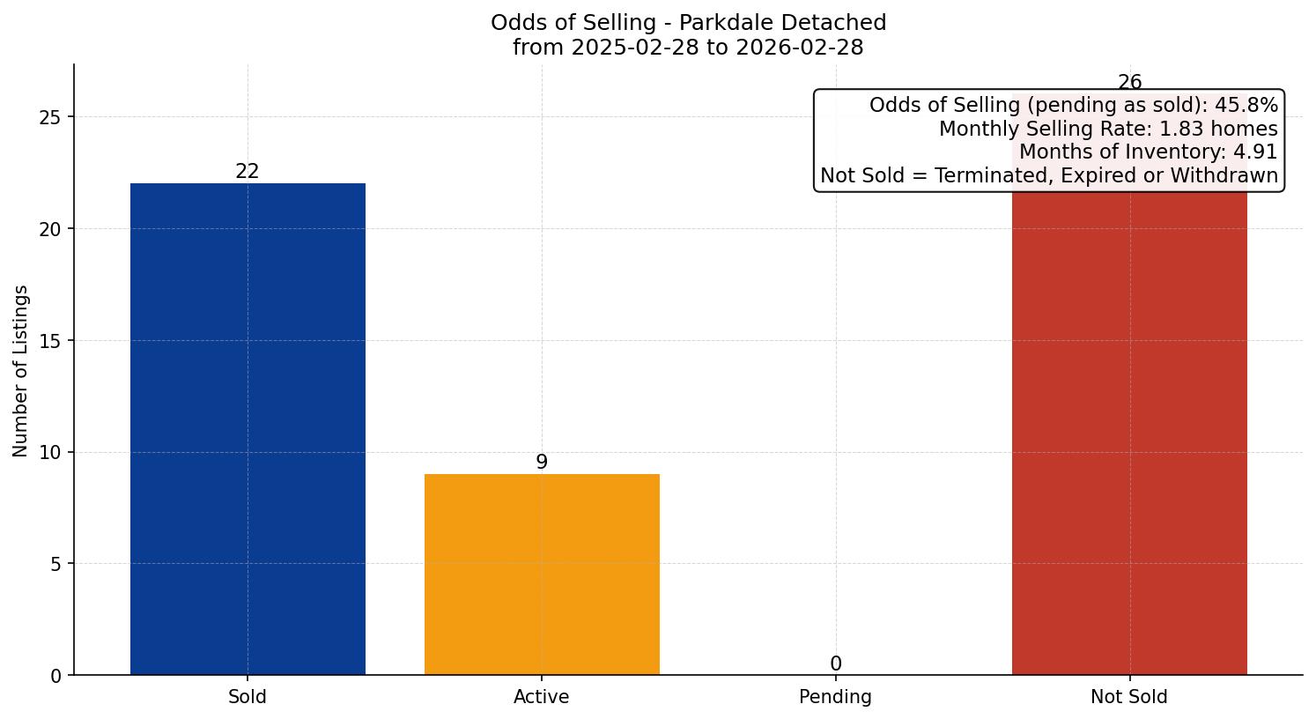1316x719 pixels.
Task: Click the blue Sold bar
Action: tap(248, 429)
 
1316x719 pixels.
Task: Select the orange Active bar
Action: tap(542, 574)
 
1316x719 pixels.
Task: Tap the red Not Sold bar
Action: tap(1129, 432)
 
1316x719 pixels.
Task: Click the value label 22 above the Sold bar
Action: tap(248, 172)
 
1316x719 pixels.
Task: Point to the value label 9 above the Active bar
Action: tap(542, 462)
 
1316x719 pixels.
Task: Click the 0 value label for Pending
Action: tap(835, 664)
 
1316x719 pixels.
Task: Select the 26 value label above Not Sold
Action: tap(1129, 83)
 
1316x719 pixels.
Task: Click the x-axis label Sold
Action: tap(248, 697)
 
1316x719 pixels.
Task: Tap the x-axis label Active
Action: tap(542, 697)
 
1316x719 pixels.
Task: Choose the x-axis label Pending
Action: tap(835, 697)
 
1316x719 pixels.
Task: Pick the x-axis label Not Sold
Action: tap(1129, 697)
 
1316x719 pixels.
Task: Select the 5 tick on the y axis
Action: tap(56, 564)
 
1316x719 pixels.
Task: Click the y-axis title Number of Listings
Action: tap(21, 370)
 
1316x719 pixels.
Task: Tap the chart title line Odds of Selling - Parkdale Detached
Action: tap(688, 23)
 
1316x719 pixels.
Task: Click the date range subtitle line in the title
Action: tap(688, 48)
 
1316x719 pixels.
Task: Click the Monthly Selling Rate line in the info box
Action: tap(1107, 129)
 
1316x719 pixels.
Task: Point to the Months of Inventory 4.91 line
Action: tap(1148, 152)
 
